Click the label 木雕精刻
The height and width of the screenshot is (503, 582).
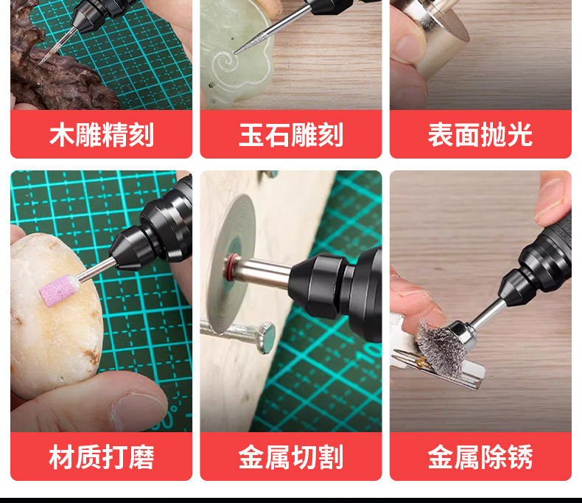pos(102,134)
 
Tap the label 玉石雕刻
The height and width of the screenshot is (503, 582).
pos(290,134)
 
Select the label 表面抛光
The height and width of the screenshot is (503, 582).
pos(480,134)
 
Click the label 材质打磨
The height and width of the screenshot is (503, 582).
pos(102,457)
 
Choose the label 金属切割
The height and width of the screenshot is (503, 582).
pos(290,457)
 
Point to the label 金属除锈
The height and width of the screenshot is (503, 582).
pos(480,457)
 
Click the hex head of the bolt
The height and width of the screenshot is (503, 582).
pos(266,338)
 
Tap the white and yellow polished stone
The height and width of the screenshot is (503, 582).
pos(56,316)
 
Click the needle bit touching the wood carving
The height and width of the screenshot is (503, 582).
pos(55,46)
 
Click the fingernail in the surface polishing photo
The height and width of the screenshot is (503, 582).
pos(408,46)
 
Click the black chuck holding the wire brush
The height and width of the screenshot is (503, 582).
pos(516,288)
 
